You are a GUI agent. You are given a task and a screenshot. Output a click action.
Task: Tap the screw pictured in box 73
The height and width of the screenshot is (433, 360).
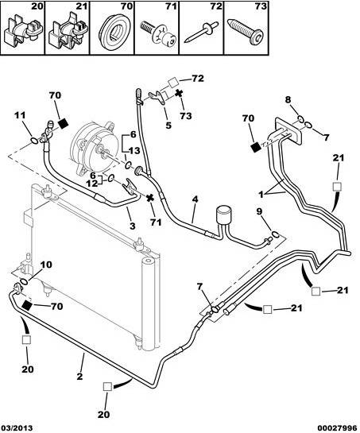(246, 32)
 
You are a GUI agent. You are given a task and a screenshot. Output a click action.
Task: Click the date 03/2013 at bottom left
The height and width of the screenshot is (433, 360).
(17, 428)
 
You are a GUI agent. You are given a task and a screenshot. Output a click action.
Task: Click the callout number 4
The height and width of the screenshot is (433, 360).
(195, 199)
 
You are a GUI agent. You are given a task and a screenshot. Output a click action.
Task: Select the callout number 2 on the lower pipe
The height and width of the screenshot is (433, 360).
(79, 376)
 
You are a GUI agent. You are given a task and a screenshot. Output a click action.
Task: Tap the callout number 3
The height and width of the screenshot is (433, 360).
(133, 226)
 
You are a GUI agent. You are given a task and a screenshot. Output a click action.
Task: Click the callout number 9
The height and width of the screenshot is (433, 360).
(259, 211)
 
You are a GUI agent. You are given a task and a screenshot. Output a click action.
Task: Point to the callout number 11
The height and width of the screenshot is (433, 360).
(19, 114)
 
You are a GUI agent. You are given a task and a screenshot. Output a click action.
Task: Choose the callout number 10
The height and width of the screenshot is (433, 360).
(46, 265)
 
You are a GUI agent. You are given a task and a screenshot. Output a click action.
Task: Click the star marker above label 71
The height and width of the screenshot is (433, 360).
(149, 198)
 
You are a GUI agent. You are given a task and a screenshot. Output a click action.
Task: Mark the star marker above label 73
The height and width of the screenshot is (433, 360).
(179, 93)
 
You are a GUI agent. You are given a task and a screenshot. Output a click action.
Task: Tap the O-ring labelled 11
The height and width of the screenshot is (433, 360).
(34, 141)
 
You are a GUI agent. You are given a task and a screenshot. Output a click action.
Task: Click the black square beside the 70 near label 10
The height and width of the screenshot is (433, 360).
(27, 305)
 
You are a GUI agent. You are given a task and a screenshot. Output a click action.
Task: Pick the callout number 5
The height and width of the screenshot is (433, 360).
(168, 126)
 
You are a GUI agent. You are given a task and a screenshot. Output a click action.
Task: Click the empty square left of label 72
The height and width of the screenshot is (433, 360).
(173, 82)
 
